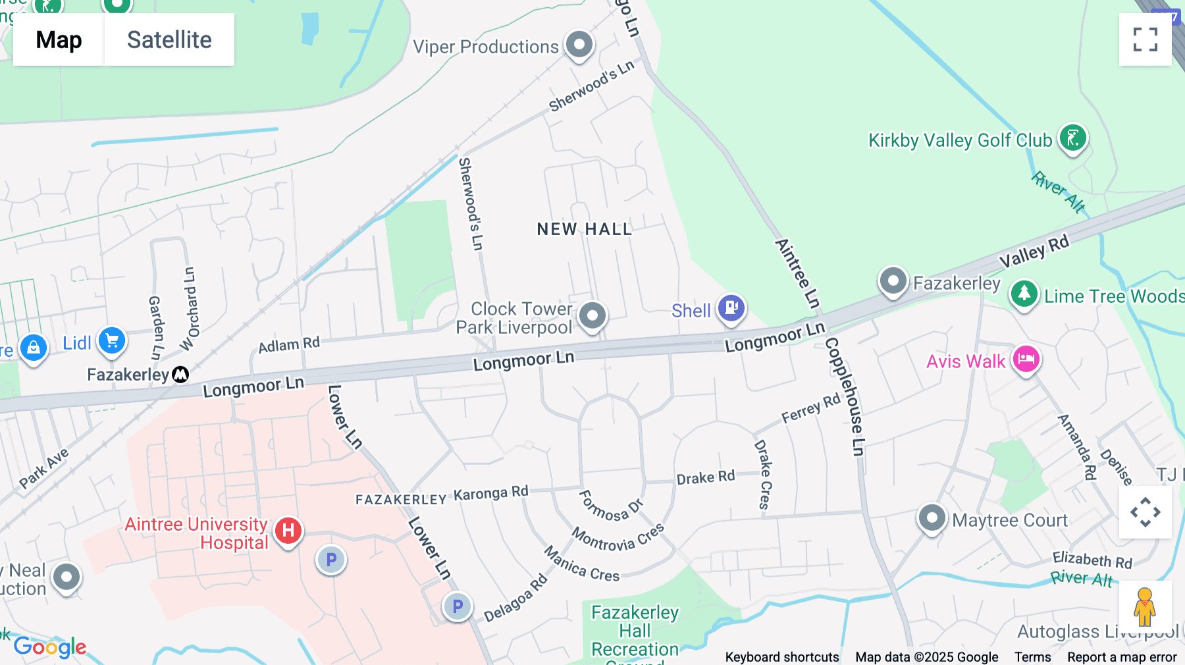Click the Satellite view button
point(169,40)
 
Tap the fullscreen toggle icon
point(1145,40)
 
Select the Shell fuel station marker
point(731,307)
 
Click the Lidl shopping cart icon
point(112,340)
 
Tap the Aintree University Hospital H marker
point(288,530)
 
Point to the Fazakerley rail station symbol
point(180,375)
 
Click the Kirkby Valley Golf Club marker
point(1072,138)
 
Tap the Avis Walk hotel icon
point(1026,359)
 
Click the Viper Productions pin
point(579,45)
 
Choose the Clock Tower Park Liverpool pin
point(592,315)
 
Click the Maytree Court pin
point(932,518)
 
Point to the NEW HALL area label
point(584,229)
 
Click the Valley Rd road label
point(1034,252)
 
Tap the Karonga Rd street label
point(490,493)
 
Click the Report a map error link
point(1122,657)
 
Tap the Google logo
point(50,647)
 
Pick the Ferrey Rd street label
point(811,409)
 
